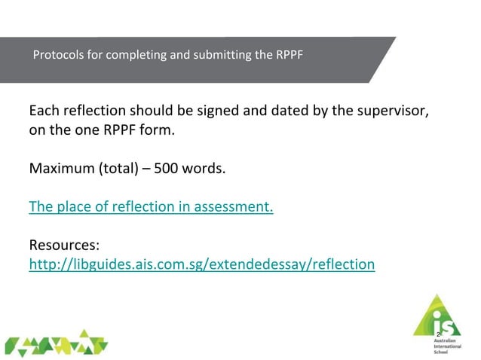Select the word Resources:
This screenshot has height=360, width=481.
(x=64, y=246)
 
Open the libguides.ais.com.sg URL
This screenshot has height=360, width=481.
(x=201, y=264)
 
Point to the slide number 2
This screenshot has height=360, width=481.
(x=437, y=334)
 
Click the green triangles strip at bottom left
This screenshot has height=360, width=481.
(x=57, y=343)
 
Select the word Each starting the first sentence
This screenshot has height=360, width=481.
(x=44, y=111)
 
